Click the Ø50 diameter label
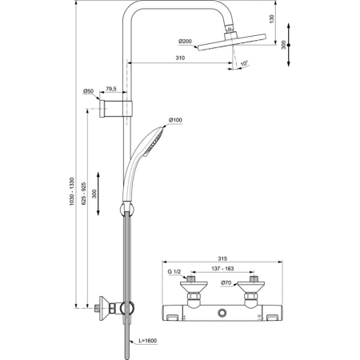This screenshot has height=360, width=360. (89, 92)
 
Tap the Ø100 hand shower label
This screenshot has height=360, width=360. (175, 120)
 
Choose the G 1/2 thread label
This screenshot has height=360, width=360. (172, 273)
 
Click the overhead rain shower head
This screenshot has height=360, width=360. (230, 42)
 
